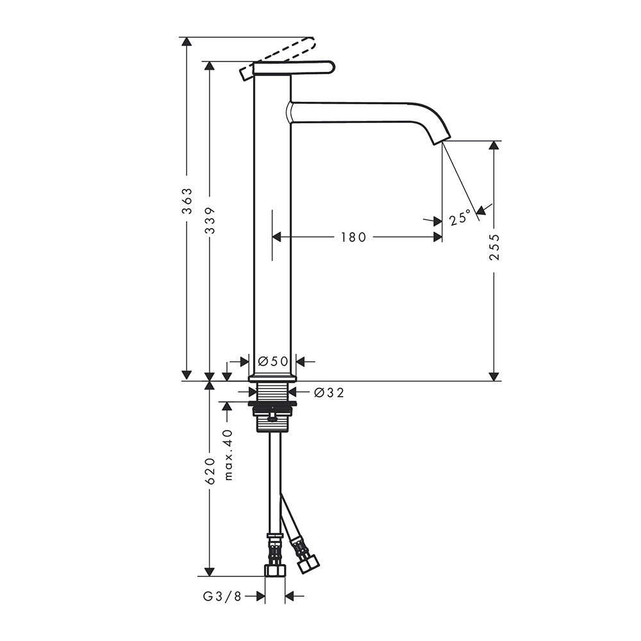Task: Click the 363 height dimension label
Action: (187, 201)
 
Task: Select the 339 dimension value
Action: (210, 221)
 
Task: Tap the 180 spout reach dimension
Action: (354, 237)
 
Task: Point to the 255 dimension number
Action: (494, 247)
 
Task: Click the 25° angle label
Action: (460, 219)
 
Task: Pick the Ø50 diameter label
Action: (274, 362)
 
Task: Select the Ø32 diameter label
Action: (329, 393)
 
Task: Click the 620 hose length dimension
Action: (210, 471)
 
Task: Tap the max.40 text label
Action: (228, 454)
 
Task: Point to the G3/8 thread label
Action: (222, 597)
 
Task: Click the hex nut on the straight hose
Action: (275, 570)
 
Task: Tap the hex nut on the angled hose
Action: (309, 565)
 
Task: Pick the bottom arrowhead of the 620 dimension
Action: (210, 572)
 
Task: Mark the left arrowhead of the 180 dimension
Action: (277, 237)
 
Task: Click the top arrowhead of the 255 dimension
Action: (494, 146)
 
